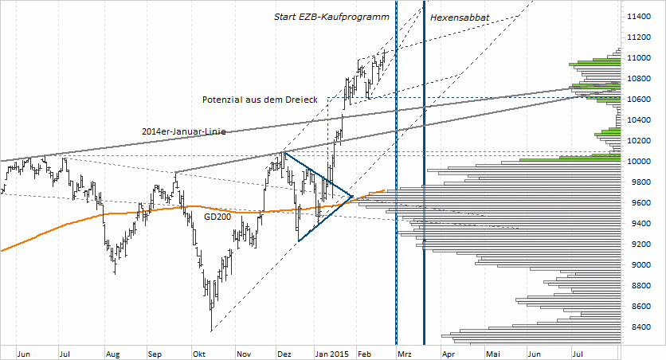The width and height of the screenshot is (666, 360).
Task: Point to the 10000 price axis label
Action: pyautogui.click(x=641, y=162)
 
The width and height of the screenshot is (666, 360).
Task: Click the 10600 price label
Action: pyautogui.click(x=641, y=100)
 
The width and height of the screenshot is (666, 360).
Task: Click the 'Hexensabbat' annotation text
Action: pyautogui.click(x=460, y=17)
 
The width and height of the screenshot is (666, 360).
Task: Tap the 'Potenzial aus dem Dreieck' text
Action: pyautogui.click(x=261, y=99)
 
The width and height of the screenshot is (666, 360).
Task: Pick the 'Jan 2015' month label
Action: pyautogui.click(x=331, y=352)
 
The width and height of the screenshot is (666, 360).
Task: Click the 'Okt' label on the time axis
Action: pyautogui.click(x=199, y=352)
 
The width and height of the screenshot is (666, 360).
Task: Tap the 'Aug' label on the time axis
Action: pyautogui.click(x=112, y=352)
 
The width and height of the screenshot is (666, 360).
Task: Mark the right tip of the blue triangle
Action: pyautogui.click(x=353, y=195)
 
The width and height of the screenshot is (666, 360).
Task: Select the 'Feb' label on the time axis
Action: pyautogui.click(x=364, y=352)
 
